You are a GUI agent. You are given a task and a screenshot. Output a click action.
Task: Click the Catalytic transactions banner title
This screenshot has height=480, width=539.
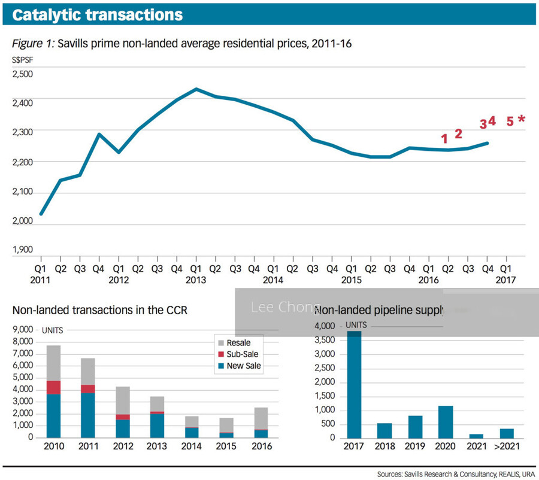(x=98, y=15)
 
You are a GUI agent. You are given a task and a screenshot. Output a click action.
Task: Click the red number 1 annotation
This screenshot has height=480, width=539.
(x=444, y=139)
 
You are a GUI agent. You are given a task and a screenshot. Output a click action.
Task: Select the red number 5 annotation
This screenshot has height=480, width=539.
(x=510, y=121)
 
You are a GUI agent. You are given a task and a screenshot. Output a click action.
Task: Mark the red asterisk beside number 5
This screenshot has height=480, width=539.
(x=522, y=120)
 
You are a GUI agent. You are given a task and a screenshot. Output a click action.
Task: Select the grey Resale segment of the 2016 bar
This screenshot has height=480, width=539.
(x=262, y=418)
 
